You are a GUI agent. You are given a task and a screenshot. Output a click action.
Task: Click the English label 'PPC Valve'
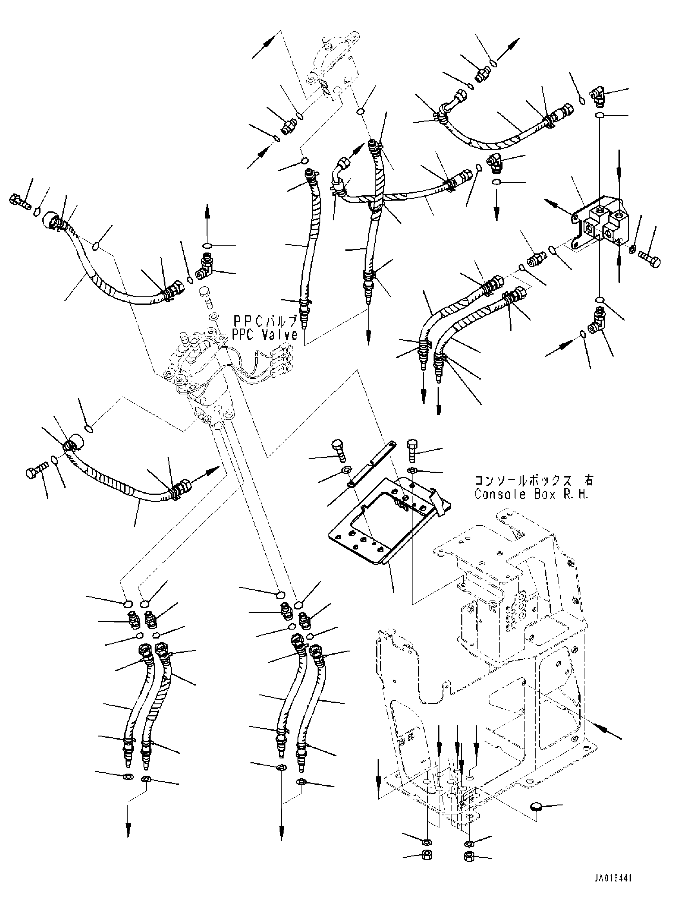click(265, 335)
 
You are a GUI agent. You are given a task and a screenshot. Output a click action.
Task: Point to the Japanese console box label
click(533, 481)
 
